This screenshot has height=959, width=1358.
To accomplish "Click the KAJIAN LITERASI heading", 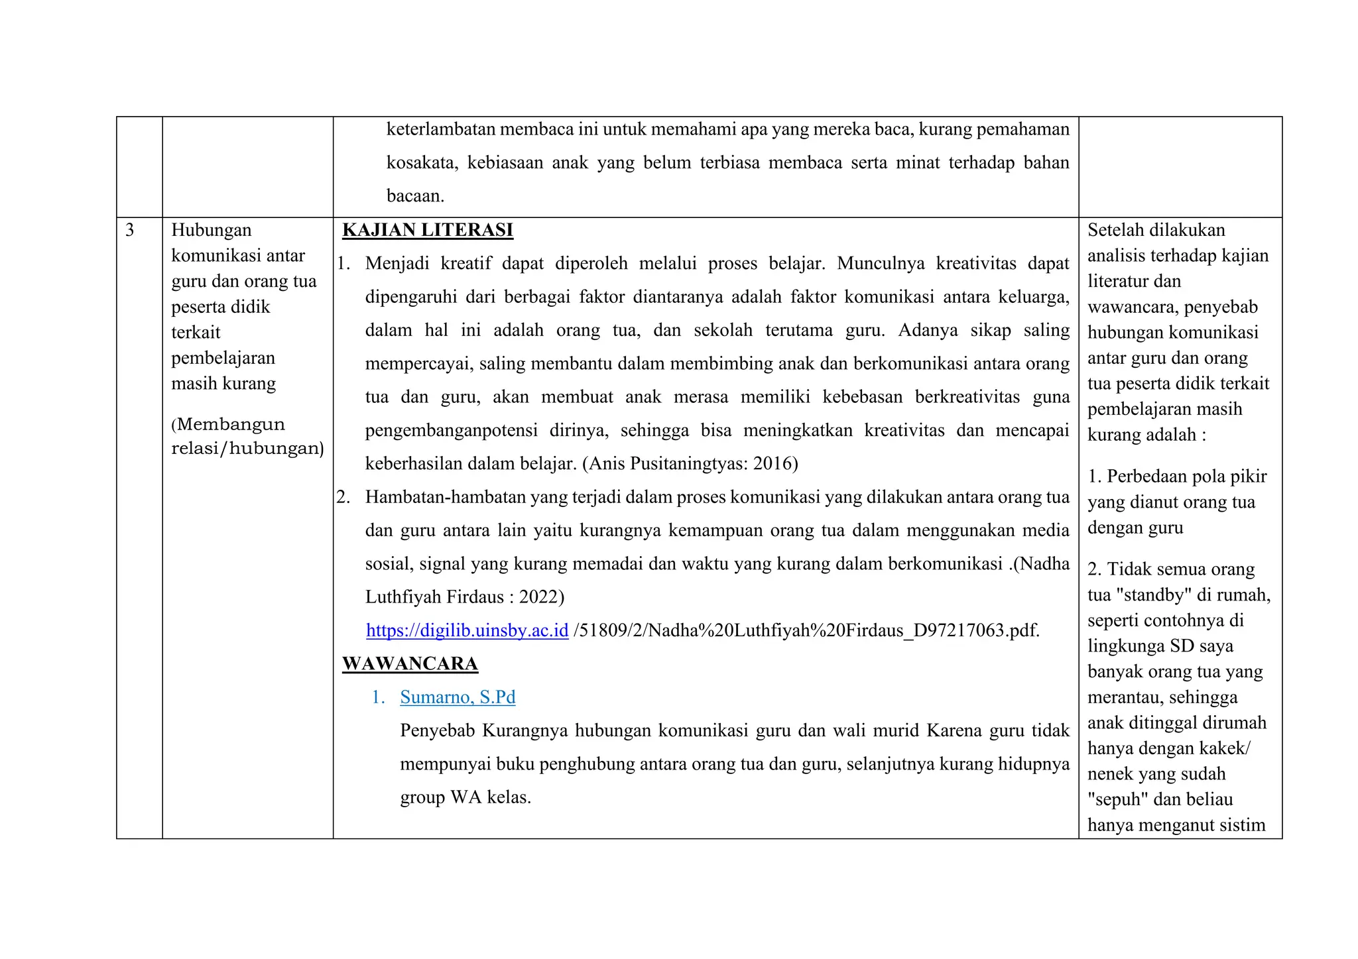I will (428, 230).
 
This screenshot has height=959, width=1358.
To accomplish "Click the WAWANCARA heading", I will (410, 663).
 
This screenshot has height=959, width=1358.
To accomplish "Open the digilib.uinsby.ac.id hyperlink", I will (467, 630).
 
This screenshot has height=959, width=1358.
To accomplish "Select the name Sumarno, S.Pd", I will (458, 697).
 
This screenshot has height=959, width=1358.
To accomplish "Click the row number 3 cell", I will (130, 230).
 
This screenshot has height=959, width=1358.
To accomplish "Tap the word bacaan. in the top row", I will (415, 196).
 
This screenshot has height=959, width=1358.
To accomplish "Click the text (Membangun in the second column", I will (228, 424).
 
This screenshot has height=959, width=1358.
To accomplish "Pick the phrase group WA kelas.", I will (465, 797).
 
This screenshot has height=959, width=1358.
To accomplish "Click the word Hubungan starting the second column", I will (211, 230).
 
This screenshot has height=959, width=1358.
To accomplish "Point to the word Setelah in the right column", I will (1116, 230).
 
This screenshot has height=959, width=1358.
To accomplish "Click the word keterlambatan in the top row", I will (440, 129).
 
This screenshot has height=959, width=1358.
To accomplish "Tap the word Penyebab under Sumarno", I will (437, 730).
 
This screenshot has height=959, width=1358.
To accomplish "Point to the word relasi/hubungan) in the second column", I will (247, 449).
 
